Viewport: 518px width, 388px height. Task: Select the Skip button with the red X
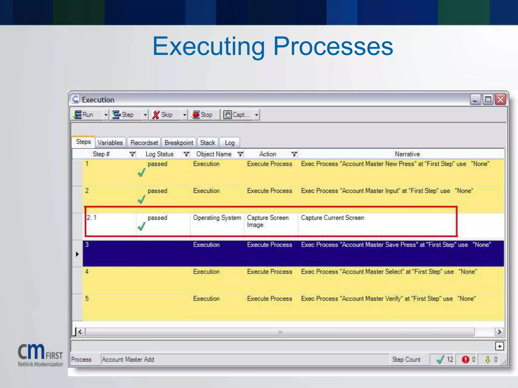point(163,115)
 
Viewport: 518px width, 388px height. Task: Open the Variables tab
point(110,143)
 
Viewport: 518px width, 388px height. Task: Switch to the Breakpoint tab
point(179,143)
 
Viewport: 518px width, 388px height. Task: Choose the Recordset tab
point(144,143)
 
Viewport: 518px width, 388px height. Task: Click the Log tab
point(230,143)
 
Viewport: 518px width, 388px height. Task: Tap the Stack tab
point(207,143)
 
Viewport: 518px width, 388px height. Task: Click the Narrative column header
point(407,154)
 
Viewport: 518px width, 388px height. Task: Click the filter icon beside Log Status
point(186,154)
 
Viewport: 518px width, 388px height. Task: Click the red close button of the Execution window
point(500,99)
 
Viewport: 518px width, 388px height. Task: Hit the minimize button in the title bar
point(475,99)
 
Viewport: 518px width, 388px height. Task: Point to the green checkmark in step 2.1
point(141,226)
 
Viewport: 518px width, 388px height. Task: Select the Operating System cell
point(217,218)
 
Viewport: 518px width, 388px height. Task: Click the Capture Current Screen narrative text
point(332,218)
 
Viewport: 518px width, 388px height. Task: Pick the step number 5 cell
point(87,299)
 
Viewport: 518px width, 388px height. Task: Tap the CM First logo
point(40,355)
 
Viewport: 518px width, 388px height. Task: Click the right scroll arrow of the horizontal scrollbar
point(499,332)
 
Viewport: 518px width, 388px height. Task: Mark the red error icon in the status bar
point(465,359)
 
